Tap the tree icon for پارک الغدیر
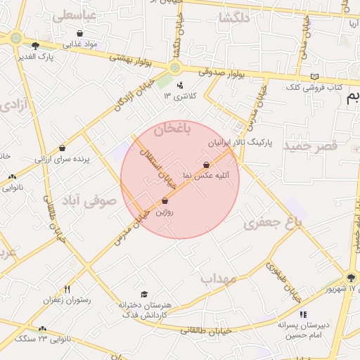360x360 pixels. pos(36,46)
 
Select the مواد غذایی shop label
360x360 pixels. pos(81,44)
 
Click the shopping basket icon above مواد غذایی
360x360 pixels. pos(79,33)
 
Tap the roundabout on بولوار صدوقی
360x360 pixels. pos(174,68)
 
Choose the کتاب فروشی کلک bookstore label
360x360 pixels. pos(314,87)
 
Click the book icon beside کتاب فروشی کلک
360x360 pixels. pos(314,76)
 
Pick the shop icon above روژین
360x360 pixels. pos(165,201)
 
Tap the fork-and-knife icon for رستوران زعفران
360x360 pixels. pos(67,289)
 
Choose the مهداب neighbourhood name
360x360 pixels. pos(217,278)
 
